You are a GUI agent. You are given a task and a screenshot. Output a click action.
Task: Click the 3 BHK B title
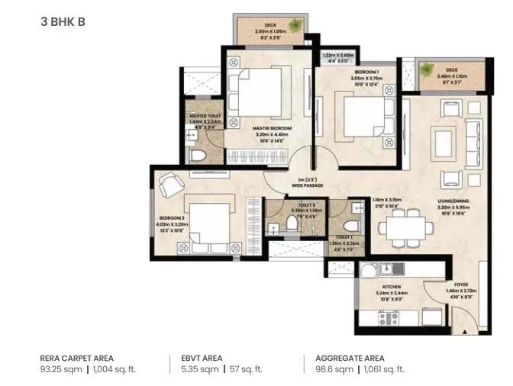[x=63, y=21]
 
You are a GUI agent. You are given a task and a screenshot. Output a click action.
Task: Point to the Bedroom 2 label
[x=168, y=220]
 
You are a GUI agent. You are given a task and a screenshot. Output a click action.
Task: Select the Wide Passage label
[x=308, y=185]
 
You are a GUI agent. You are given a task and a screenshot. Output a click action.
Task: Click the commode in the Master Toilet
[x=199, y=156]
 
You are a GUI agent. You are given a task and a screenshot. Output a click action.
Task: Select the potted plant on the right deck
[x=427, y=70]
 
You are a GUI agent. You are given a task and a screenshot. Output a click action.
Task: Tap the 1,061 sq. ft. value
[x=386, y=369]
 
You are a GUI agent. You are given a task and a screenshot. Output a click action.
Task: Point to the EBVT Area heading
[x=202, y=357]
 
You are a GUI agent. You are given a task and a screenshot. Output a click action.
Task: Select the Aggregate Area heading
[x=345, y=357]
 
